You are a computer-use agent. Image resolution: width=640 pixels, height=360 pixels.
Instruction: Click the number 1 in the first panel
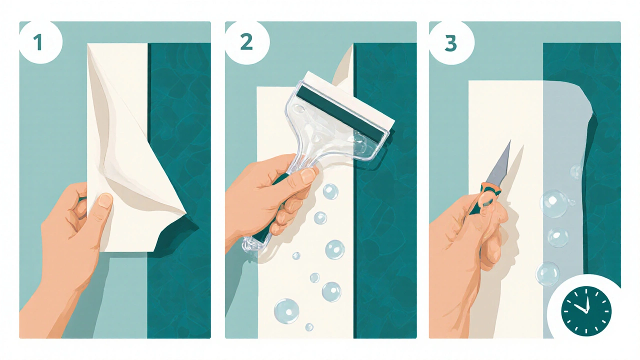(38, 42)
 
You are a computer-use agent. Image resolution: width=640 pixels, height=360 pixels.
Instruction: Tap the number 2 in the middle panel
(246, 42)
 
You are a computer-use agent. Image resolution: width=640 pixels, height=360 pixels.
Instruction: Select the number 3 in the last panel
(450, 43)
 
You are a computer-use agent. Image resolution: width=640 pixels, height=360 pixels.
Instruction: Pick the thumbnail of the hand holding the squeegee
(308, 175)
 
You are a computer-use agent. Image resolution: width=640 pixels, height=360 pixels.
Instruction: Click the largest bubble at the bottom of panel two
(286, 311)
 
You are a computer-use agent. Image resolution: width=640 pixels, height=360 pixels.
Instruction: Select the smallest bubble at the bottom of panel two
(309, 327)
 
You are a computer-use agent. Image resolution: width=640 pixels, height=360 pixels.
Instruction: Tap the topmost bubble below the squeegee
(330, 191)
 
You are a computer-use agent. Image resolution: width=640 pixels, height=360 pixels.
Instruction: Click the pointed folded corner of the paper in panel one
(185, 213)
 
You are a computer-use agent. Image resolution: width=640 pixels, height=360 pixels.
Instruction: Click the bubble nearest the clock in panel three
(547, 274)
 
